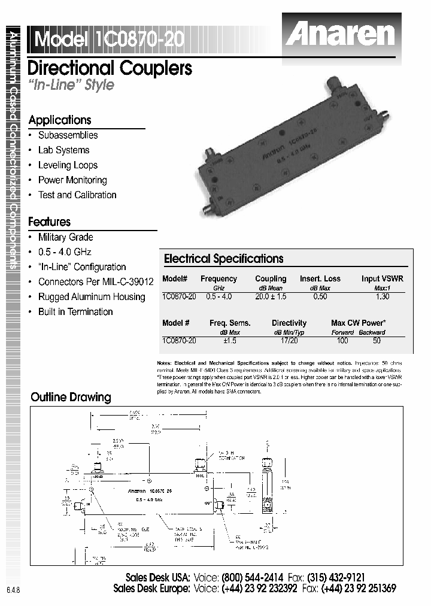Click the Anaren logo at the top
pyautogui.click(x=339, y=34)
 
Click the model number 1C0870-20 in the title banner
pyautogui.click(x=139, y=40)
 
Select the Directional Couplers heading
pyautogui.click(x=110, y=68)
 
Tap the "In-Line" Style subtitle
pyautogui.click(x=71, y=84)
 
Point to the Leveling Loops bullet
pyautogui.click(x=68, y=165)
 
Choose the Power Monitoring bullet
pyautogui.click(x=72, y=180)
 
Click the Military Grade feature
pyautogui.click(x=65, y=237)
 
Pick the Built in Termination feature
pyautogui.click(x=75, y=312)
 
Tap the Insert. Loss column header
pyautogui.click(x=320, y=279)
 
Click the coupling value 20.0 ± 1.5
pyautogui.click(x=271, y=296)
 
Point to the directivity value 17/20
pyautogui.click(x=289, y=341)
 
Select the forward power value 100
pyautogui.click(x=342, y=341)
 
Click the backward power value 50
pyautogui.click(x=377, y=341)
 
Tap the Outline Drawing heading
pyautogui.click(x=71, y=397)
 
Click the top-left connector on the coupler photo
pyautogui.click(x=211, y=155)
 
